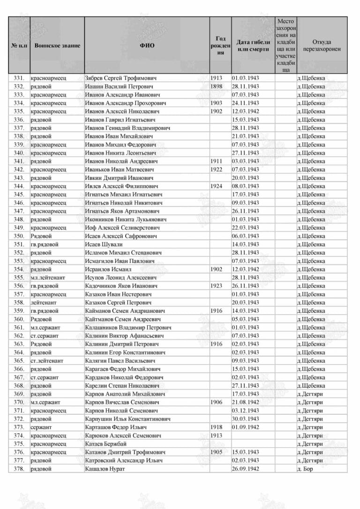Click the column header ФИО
click(x=147, y=45)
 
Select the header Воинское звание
click(x=54, y=45)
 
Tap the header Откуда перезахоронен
click(x=322, y=45)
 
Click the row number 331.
click(x=19, y=78)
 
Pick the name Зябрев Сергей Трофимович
click(x=120, y=78)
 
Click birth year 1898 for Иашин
click(x=216, y=87)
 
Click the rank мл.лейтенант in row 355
click(x=48, y=277)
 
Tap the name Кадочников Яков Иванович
click(x=121, y=285)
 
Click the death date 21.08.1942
click(x=245, y=402)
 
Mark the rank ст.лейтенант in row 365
click(x=47, y=360)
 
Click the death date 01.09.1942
click(x=245, y=427)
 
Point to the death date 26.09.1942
click(x=245, y=469)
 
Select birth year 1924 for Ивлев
click(x=216, y=186)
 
